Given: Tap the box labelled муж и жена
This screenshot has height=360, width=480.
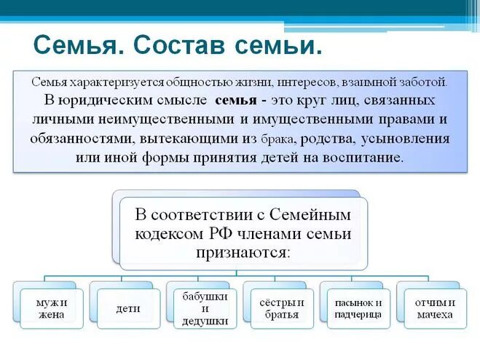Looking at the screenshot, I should click(52, 309).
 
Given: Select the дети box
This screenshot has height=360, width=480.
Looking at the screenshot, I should click(128, 309).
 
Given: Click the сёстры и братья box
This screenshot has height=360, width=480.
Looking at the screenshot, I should click(281, 309).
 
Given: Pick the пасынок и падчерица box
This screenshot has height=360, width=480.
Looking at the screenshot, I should click(358, 309).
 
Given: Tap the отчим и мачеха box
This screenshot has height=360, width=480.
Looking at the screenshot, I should click(434, 309).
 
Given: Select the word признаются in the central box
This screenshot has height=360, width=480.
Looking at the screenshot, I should click(242, 252).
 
